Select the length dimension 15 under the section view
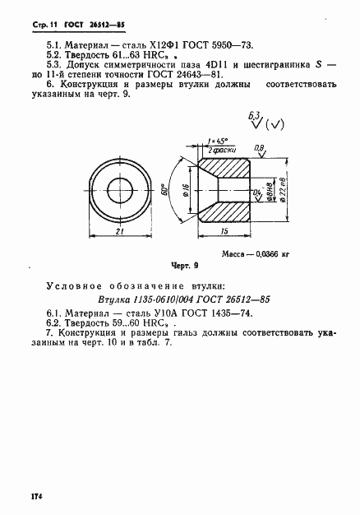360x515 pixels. (224, 234)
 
